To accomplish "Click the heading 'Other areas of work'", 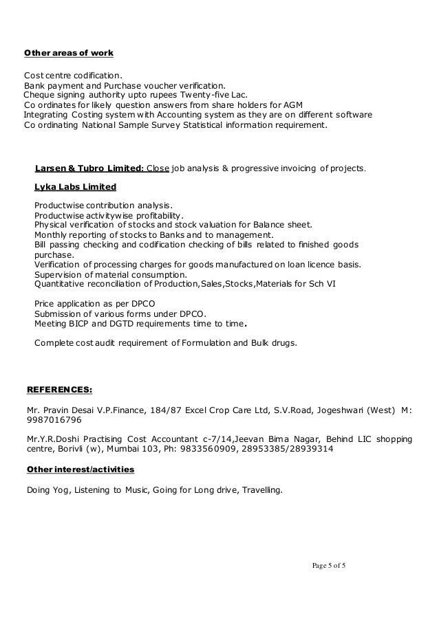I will coord(69,53).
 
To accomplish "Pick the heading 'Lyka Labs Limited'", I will coord(75,186).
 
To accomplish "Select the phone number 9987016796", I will coord(52,420).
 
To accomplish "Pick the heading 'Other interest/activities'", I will coord(80,470).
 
